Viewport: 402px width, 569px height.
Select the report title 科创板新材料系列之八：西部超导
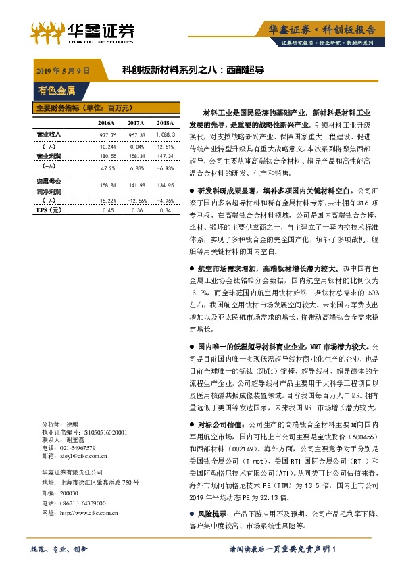(193, 70)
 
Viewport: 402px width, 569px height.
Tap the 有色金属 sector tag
(57, 90)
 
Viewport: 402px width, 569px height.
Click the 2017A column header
(136, 122)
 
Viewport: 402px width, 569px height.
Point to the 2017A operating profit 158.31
(136, 155)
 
